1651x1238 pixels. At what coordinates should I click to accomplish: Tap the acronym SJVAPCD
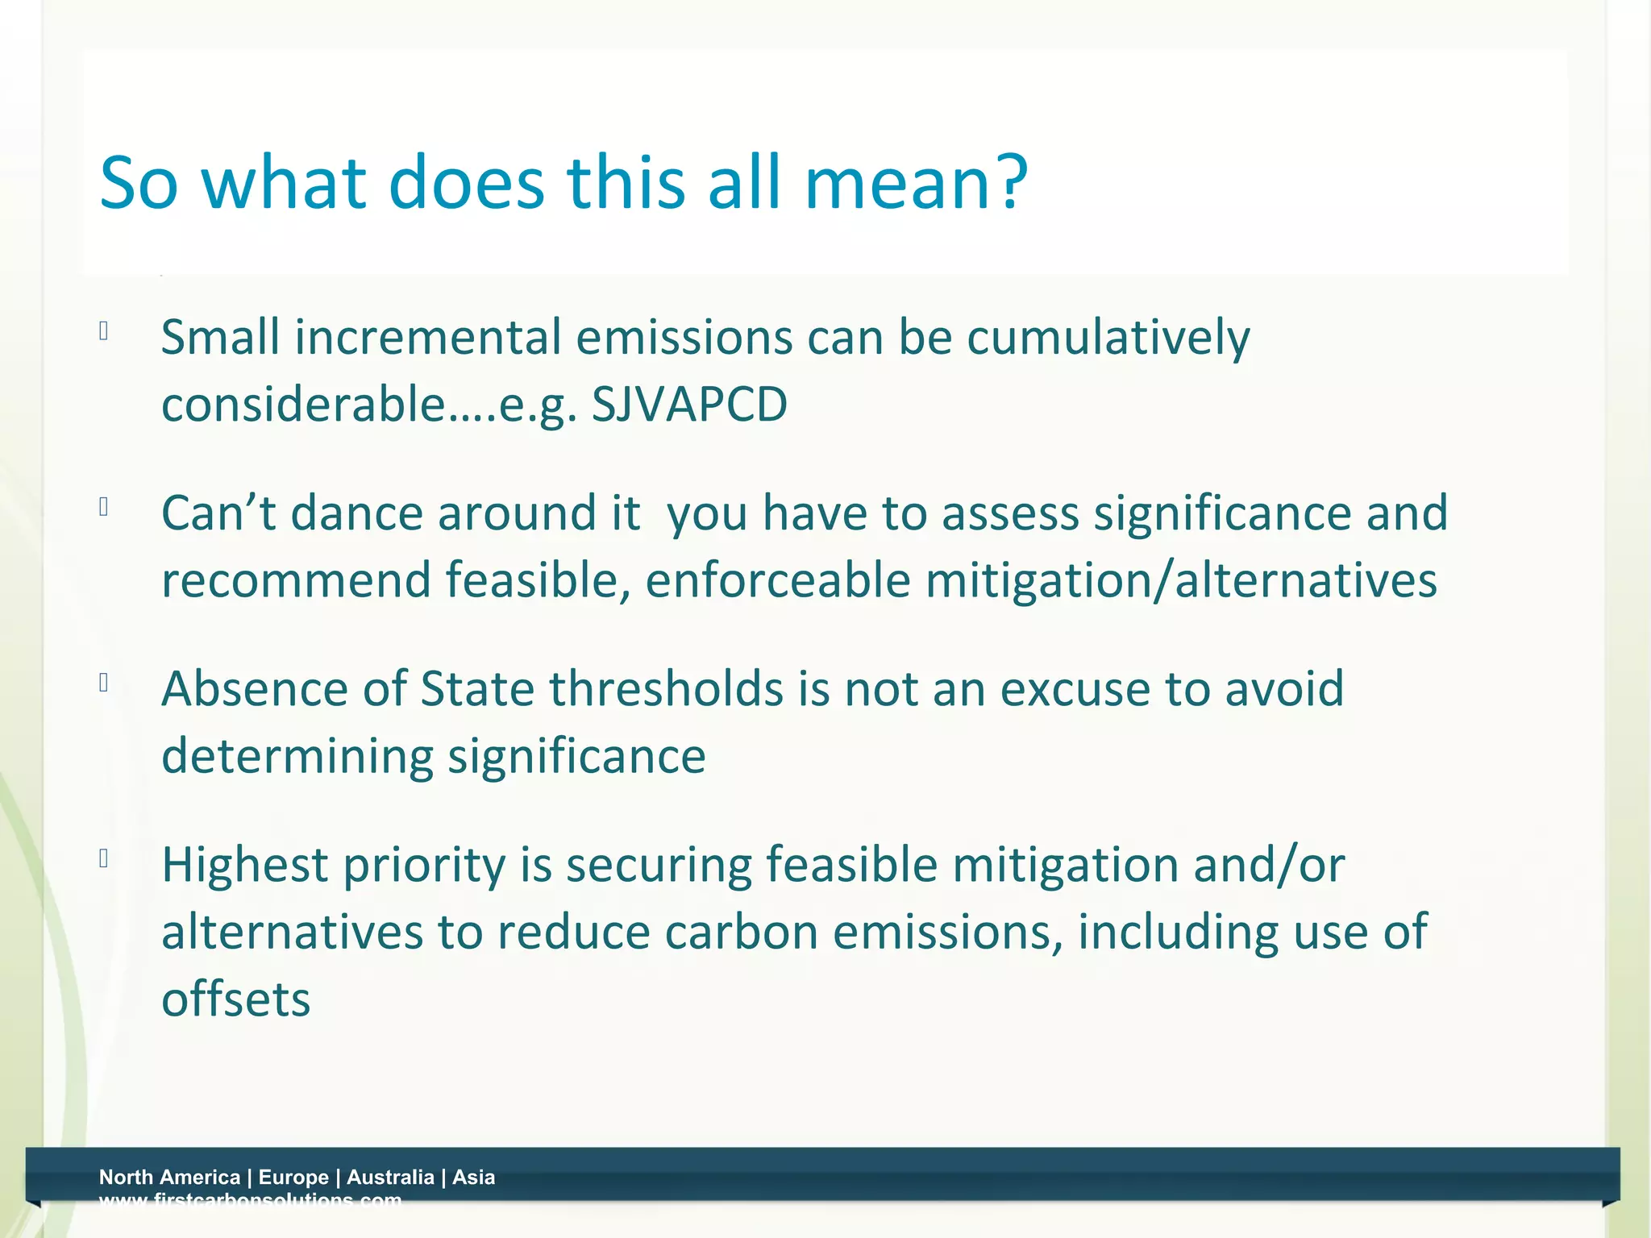coord(689,405)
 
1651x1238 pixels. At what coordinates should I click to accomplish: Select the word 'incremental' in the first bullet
coord(428,337)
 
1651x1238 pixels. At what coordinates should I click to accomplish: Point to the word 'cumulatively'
coord(1108,337)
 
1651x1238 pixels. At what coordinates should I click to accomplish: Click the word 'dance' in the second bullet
coord(357,513)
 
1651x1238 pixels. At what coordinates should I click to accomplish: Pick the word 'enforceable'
coord(778,580)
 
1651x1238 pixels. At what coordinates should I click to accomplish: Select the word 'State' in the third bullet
coord(477,689)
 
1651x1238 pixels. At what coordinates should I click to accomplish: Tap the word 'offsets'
coord(235,999)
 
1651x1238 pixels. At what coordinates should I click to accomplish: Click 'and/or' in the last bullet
coord(1269,865)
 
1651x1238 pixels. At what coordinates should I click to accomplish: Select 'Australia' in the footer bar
coord(390,1178)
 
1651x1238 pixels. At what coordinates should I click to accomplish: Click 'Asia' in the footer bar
coord(474,1178)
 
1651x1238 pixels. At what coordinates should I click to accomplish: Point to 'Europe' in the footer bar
coord(293,1178)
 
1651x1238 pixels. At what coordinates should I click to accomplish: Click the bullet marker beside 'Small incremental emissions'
coord(104,330)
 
